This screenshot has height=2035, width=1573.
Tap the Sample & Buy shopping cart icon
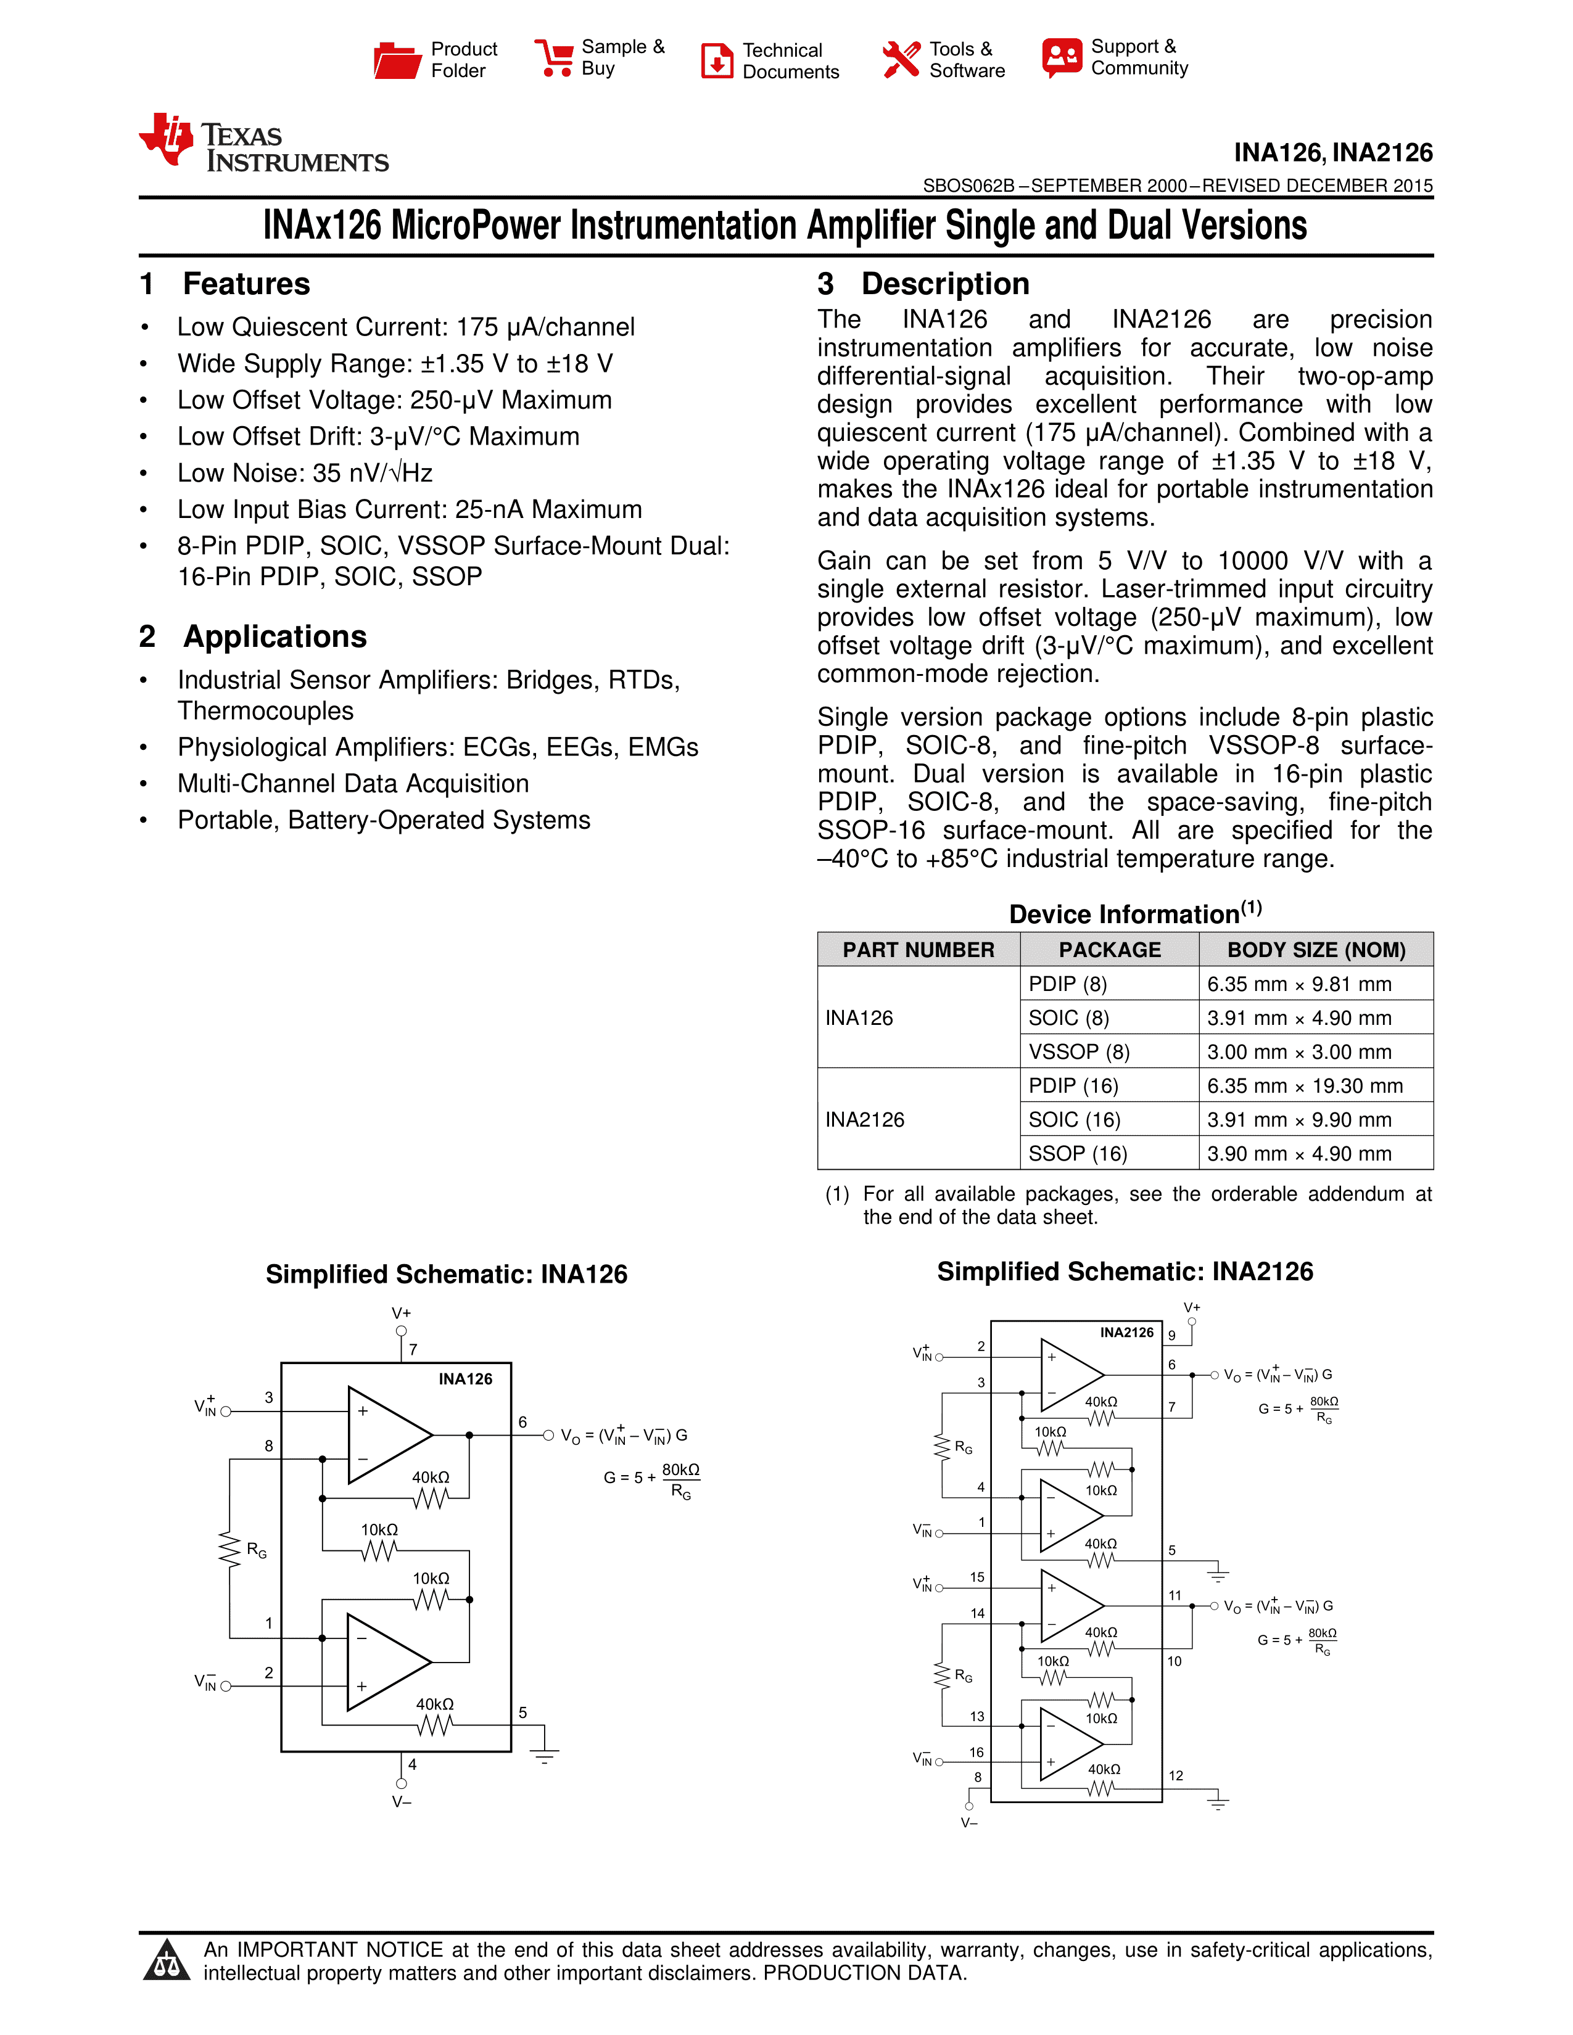pos(555,58)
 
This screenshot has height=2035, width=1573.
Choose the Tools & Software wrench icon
pos(900,60)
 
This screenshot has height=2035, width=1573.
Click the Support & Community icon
pos(1062,58)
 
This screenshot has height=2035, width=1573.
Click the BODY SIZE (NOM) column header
pos(1316,950)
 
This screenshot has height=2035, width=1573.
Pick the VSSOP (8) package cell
pos(1079,1052)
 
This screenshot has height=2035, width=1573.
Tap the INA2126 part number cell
pos(865,1119)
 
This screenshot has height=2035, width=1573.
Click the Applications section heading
pos(275,636)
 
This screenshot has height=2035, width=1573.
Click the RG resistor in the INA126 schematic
pos(229,1550)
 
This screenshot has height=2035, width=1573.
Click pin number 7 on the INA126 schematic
pos(413,1349)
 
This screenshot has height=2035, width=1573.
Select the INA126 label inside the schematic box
pos(465,1379)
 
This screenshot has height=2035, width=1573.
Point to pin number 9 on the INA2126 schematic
pos(1172,1335)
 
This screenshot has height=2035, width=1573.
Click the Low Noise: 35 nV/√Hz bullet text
pos(305,474)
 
